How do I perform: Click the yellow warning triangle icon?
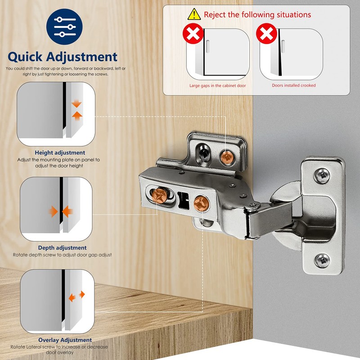[194, 14]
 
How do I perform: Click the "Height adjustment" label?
[60, 153]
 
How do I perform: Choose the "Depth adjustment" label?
[62, 247]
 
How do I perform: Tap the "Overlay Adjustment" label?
[65, 340]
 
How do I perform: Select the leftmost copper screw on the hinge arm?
[160, 194]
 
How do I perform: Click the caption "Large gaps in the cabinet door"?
[218, 85]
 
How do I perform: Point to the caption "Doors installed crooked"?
[294, 85]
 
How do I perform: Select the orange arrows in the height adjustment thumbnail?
[77, 109]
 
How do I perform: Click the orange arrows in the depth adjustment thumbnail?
[61, 211]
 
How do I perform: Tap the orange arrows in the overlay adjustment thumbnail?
[76, 296]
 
